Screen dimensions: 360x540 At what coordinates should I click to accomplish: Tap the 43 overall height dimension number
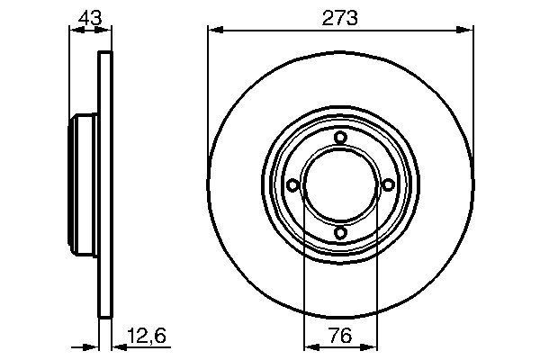coord(90,16)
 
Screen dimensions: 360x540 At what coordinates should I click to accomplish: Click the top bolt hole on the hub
coord(340,137)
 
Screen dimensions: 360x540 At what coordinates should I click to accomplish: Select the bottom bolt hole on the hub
coord(340,233)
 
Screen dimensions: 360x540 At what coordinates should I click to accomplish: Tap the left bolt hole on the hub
coord(292,184)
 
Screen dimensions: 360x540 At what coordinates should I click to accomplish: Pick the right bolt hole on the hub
coord(388,184)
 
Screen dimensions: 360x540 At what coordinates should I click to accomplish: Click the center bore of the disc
coord(340,184)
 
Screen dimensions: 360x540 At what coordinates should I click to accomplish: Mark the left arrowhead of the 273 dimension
coord(214,31)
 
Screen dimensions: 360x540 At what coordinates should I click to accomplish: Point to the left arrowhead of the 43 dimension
coord(76,31)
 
